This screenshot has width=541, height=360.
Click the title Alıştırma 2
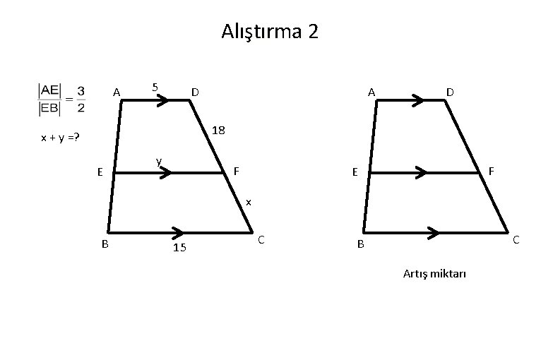(270, 32)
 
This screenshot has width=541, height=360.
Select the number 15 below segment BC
(179, 248)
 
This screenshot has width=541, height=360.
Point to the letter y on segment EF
(160, 162)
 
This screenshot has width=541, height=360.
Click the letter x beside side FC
(248, 203)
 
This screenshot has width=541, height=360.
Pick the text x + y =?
(60, 138)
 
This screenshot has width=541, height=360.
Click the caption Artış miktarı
(435, 274)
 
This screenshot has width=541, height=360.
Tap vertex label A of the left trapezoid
(116, 92)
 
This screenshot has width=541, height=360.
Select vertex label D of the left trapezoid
(194, 92)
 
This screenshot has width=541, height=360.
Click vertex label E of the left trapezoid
(100, 172)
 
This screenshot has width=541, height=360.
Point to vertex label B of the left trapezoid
(105, 244)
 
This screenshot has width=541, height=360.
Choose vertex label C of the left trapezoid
(261, 241)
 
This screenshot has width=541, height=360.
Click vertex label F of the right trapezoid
(491, 171)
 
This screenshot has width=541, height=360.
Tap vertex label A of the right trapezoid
(371, 92)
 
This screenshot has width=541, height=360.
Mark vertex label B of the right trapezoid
(360, 245)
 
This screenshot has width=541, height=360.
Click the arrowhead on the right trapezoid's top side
(417, 100)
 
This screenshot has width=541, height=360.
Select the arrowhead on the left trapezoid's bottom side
(178, 232)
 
